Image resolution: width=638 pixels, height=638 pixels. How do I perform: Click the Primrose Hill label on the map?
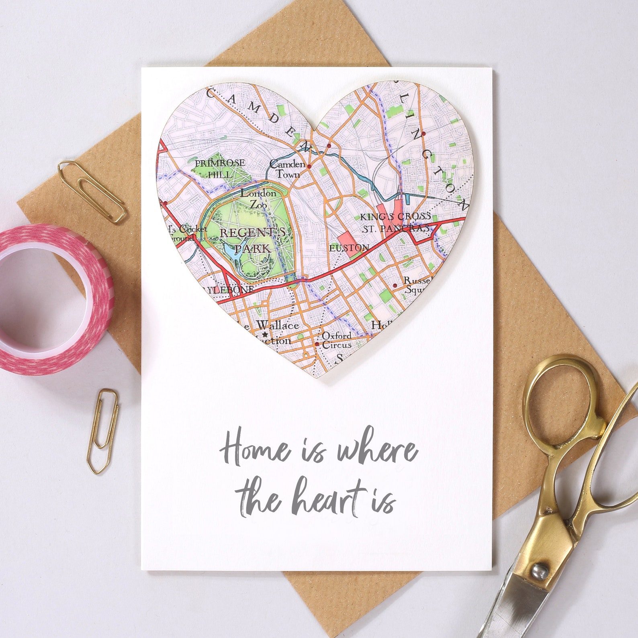pos(220,168)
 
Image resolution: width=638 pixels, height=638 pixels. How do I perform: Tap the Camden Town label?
pos(287,169)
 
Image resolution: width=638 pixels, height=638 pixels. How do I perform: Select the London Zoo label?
pos(258,199)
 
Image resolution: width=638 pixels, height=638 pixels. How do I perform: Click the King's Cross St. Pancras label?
pos(395,222)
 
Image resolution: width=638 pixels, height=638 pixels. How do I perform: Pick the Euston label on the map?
pos(349,248)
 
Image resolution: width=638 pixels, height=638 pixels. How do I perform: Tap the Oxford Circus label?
pos(337,340)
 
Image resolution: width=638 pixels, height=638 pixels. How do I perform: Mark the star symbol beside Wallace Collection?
pos(264,334)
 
